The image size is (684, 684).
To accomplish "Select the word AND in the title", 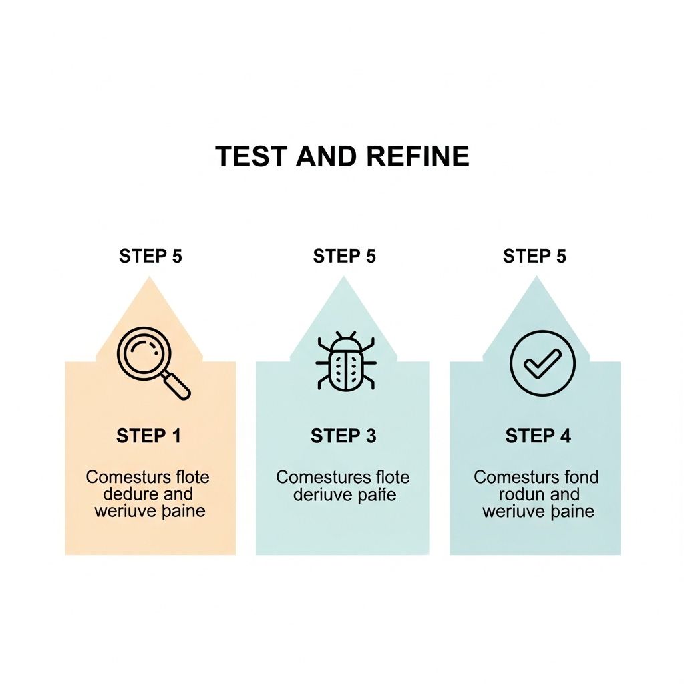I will [327, 156].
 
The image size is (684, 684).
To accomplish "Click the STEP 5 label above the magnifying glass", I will [150, 256].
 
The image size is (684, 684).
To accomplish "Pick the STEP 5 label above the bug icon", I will [344, 256].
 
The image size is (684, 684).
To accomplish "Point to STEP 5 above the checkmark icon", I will [534, 256].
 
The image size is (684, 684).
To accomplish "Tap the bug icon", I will [345, 361].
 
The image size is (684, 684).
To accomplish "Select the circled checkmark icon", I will [542, 363].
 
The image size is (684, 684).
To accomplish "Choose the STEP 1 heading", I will [148, 436].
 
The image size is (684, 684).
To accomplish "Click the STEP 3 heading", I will [343, 436].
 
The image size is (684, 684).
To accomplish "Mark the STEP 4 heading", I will [538, 436].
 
